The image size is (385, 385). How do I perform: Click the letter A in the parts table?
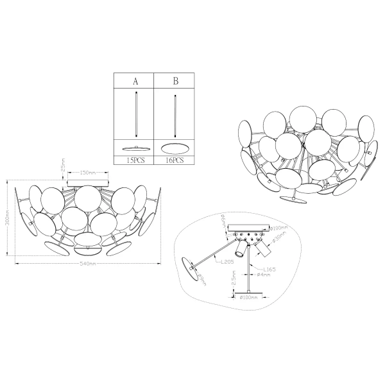point(135,81)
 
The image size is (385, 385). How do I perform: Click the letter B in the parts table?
point(175,81)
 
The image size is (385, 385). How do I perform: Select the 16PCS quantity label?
point(175,162)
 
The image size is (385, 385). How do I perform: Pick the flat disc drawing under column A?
point(134,148)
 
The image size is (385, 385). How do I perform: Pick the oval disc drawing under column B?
point(175,146)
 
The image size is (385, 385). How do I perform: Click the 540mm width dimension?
point(88,264)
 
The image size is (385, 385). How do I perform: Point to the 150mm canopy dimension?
point(88,173)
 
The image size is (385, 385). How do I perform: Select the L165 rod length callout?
point(269,269)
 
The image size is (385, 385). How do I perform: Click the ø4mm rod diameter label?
point(266,275)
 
